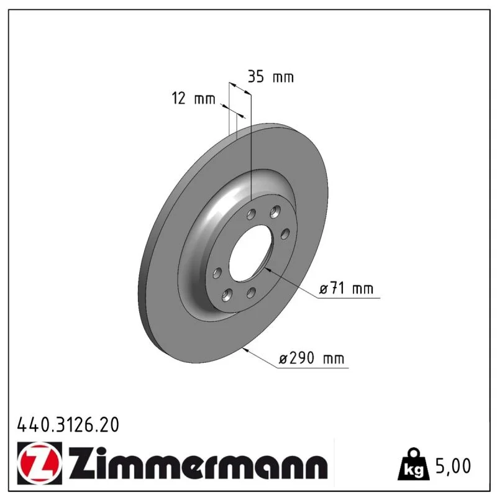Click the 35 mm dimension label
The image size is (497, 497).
tap(271, 76)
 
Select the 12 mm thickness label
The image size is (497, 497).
tap(193, 98)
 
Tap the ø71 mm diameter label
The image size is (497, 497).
tap(346, 288)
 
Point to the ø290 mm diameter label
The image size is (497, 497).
tap(311, 358)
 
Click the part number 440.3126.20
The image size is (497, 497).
tap(68, 424)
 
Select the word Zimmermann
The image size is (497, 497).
tap(198, 462)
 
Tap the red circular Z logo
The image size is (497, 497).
tap(40, 463)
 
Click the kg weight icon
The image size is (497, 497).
tap(414, 465)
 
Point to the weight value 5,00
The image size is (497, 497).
tap(454, 466)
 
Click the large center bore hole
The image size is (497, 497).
tap(250, 253)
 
